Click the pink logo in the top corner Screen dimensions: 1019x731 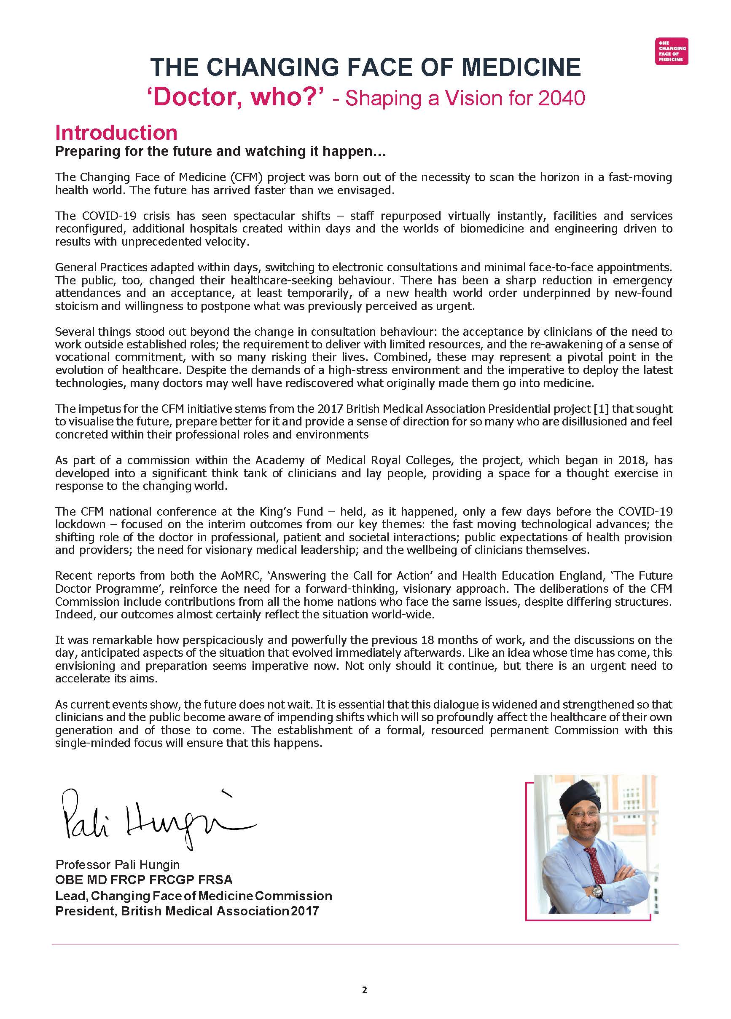[671, 51]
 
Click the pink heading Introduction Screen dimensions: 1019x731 [116, 133]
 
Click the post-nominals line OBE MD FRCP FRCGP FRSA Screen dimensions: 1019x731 [144, 880]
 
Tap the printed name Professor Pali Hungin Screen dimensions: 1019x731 [117, 864]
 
